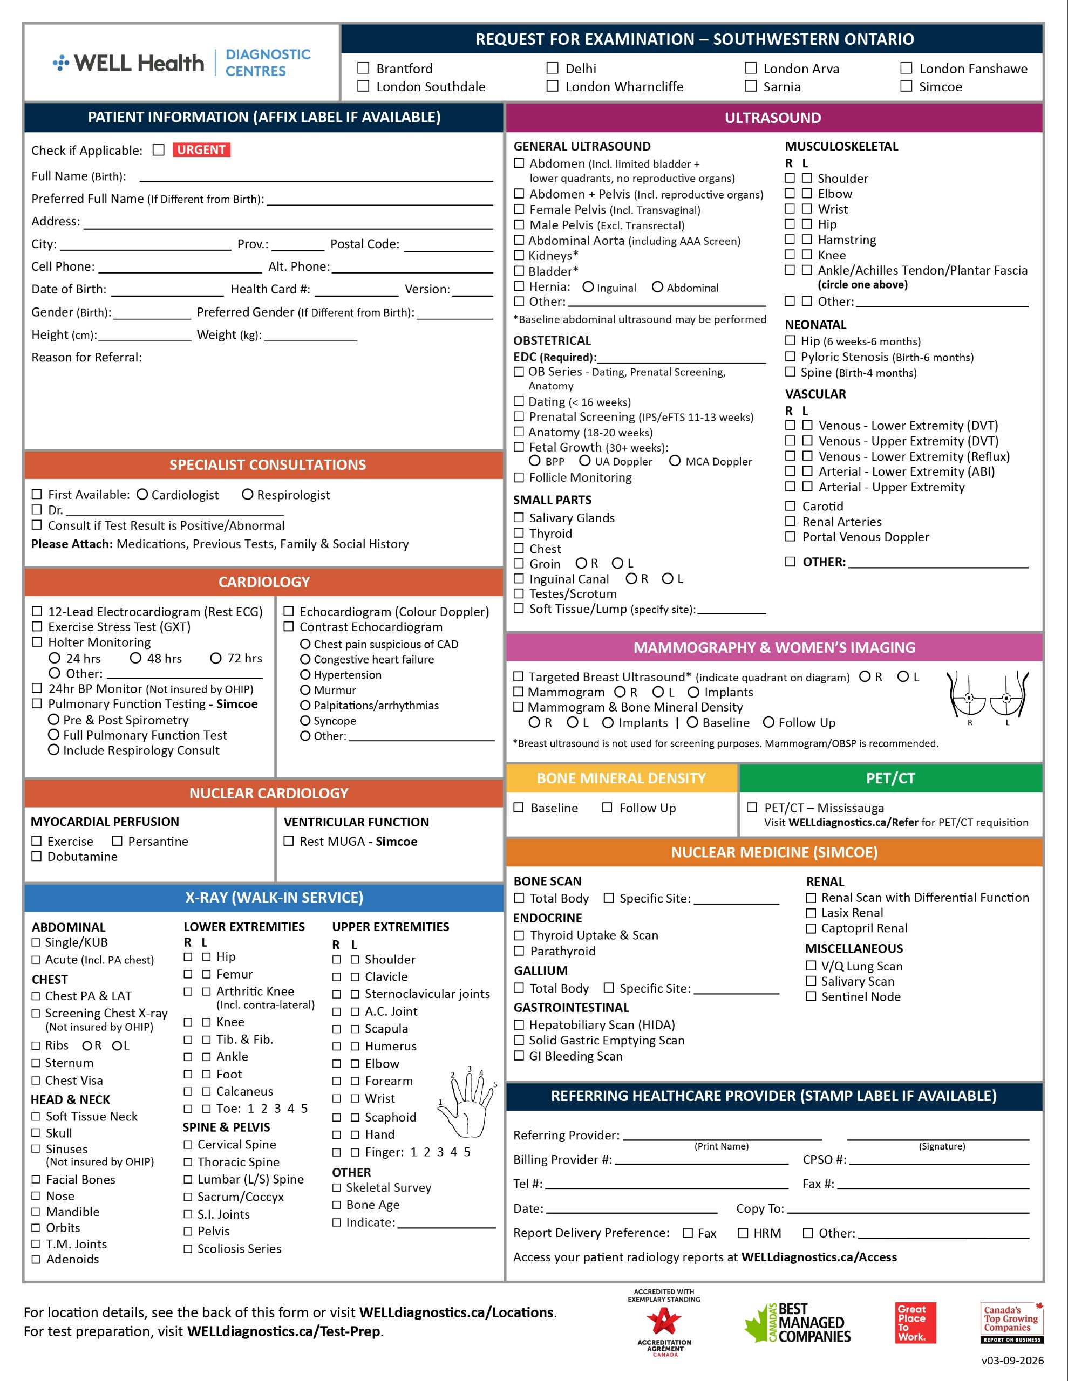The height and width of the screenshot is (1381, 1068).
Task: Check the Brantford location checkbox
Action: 363,67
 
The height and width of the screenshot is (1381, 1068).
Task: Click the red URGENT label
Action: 201,150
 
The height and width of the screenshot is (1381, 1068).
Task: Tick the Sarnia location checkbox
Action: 750,86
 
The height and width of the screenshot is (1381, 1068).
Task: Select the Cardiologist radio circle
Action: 142,495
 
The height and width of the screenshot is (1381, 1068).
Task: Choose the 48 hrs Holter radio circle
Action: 135,658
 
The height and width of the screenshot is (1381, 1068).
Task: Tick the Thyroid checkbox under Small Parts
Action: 519,533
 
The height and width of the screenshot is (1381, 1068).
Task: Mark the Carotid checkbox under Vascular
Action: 790,506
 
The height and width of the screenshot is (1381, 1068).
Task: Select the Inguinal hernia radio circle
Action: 588,287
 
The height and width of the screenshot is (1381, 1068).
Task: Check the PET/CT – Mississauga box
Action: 752,808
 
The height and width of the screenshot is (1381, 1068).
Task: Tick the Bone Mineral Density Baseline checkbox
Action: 519,808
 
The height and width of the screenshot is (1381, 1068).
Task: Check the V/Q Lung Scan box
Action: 811,966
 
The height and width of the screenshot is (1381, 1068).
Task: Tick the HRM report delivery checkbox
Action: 744,1233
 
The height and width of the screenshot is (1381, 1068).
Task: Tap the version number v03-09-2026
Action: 1012,1361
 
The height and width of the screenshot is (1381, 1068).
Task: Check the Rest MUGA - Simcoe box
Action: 289,841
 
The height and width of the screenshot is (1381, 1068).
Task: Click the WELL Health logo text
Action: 139,63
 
